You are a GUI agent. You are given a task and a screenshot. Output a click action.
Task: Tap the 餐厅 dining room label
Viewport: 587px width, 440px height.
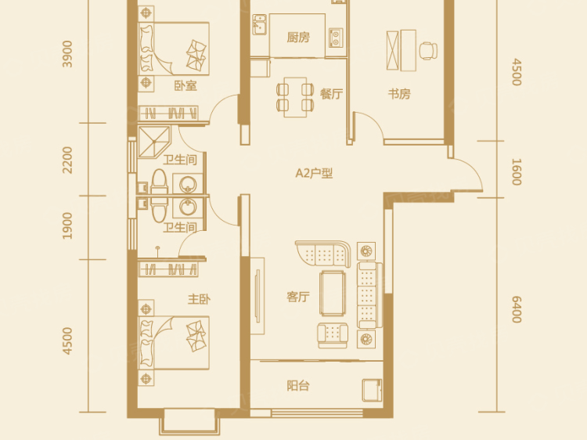[x=331, y=94]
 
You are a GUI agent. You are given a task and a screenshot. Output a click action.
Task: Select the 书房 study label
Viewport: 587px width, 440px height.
[x=399, y=94]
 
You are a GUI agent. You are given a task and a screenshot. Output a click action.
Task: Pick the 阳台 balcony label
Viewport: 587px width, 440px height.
[x=297, y=384]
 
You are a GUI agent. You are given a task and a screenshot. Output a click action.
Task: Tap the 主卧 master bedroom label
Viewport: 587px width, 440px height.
[x=196, y=299]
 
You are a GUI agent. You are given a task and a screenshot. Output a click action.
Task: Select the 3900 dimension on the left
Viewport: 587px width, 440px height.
[x=68, y=54]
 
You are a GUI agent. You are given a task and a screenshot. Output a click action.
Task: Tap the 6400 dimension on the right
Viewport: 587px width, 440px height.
[x=516, y=308]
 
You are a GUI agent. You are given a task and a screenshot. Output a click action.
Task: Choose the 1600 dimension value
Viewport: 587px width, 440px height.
[x=516, y=171]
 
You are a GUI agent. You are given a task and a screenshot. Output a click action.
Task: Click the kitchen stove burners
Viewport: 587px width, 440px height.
[x=335, y=36]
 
